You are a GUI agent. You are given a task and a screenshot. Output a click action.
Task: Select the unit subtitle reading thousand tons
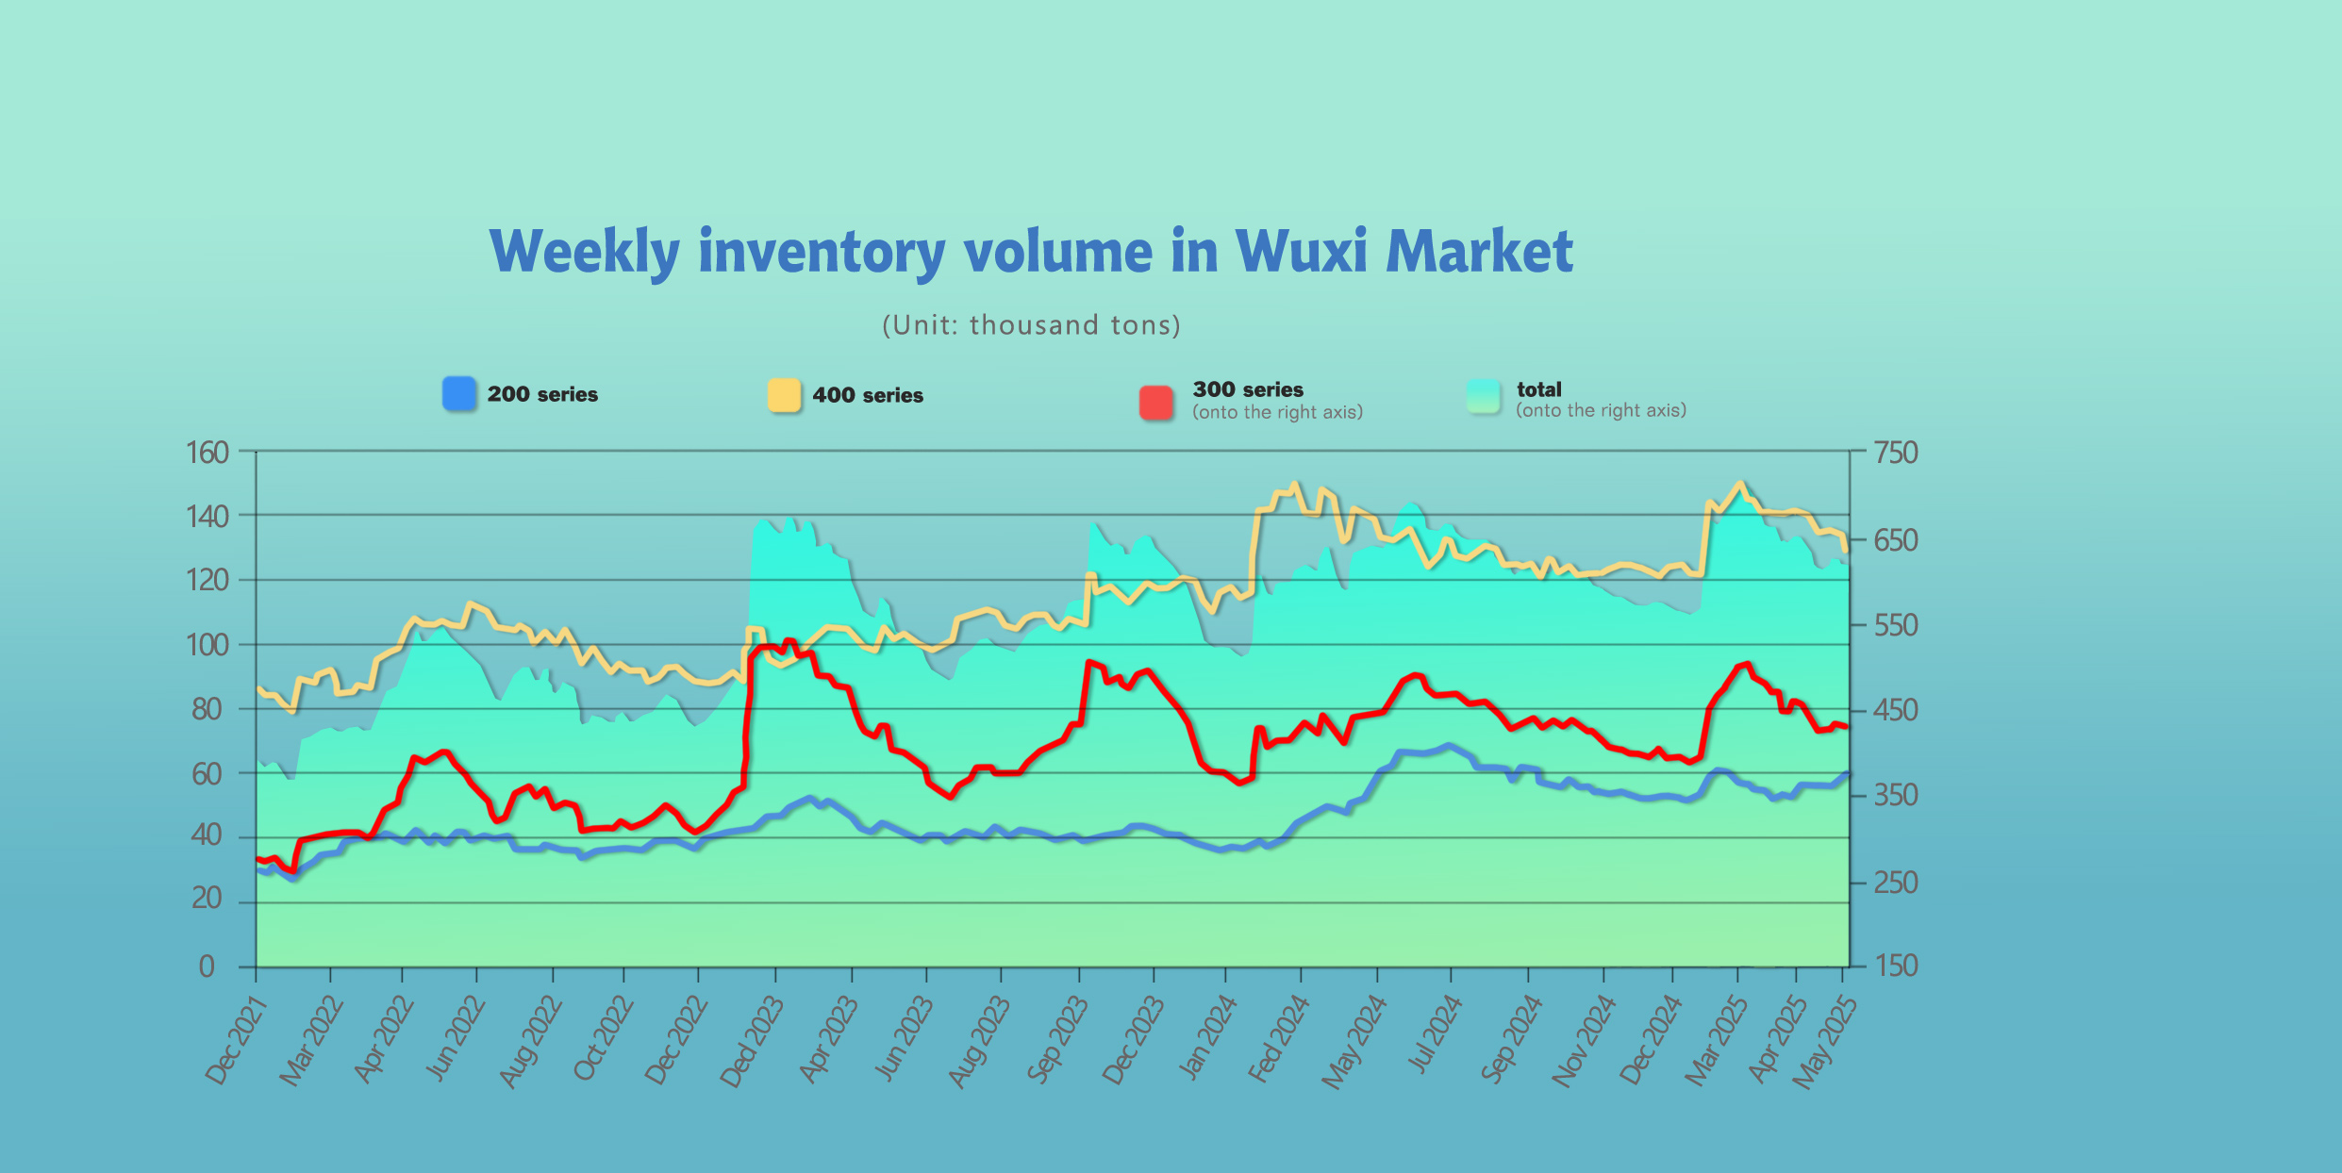(1031, 325)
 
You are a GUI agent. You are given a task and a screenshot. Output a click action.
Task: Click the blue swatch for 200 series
(459, 394)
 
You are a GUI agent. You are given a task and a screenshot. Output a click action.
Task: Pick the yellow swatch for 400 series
(784, 395)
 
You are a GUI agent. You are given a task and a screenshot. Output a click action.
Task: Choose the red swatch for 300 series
(1156, 403)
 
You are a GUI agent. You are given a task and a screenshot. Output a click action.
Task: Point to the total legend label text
(1538, 389)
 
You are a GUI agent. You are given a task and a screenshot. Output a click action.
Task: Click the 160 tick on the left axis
(208, 453)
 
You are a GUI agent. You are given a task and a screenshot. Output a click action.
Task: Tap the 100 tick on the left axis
(208, 646)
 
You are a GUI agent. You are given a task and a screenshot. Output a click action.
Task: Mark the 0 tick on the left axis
(207, 966)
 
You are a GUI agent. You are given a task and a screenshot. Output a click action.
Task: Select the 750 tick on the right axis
(1896, 453)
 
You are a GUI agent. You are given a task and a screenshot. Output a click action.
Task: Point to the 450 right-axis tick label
(1896, 710)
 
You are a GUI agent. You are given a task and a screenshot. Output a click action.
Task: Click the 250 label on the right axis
(1896, 883)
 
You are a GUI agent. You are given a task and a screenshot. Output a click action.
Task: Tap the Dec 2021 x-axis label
(237, 1041)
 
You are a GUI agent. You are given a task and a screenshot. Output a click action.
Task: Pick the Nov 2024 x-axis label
(1584, 1041)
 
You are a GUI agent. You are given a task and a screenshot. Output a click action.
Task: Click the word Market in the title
(1478, 252)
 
